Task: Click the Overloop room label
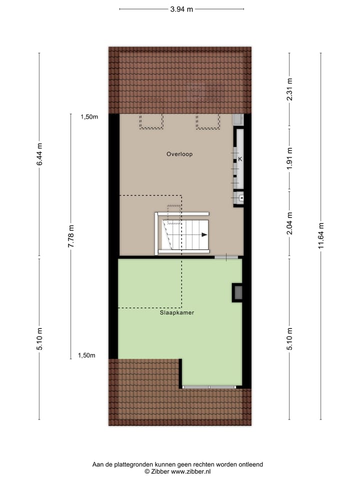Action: pyautogui.click(x=179, y=154)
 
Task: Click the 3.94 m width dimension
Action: pyautogui.click(x=182, y=9)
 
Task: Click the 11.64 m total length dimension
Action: pyautogui.click(x=320, y=235)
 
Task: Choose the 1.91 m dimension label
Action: pyautogui.click(x=289, y=158)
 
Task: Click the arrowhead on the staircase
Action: pyautogui.click(x=204, y=234)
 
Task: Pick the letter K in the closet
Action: pyautogui.click(x=240, y=159)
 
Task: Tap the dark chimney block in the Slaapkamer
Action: pyautogui.click(x=237, y=292)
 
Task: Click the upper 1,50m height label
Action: pyautogui.click(x=89, y=117)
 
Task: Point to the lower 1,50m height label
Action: pyautogui.click(x=86, y=355)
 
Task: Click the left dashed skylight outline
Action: pyautogui.click(x=151, y=121)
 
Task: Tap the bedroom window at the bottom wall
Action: pyautogui.click(x=209, y=386)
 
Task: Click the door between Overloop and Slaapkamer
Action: pyautogui.click(x=225, y=257)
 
